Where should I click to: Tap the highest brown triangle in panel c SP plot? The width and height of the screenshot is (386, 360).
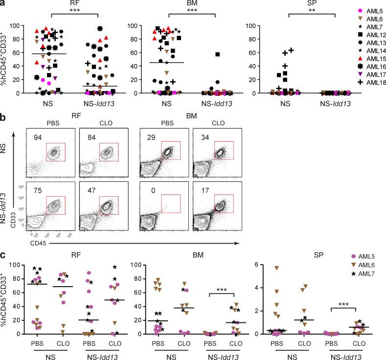pyautogui.click(x=277, y=268)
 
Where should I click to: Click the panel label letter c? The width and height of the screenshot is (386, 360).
pyautogui.click(x=4, y=255)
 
